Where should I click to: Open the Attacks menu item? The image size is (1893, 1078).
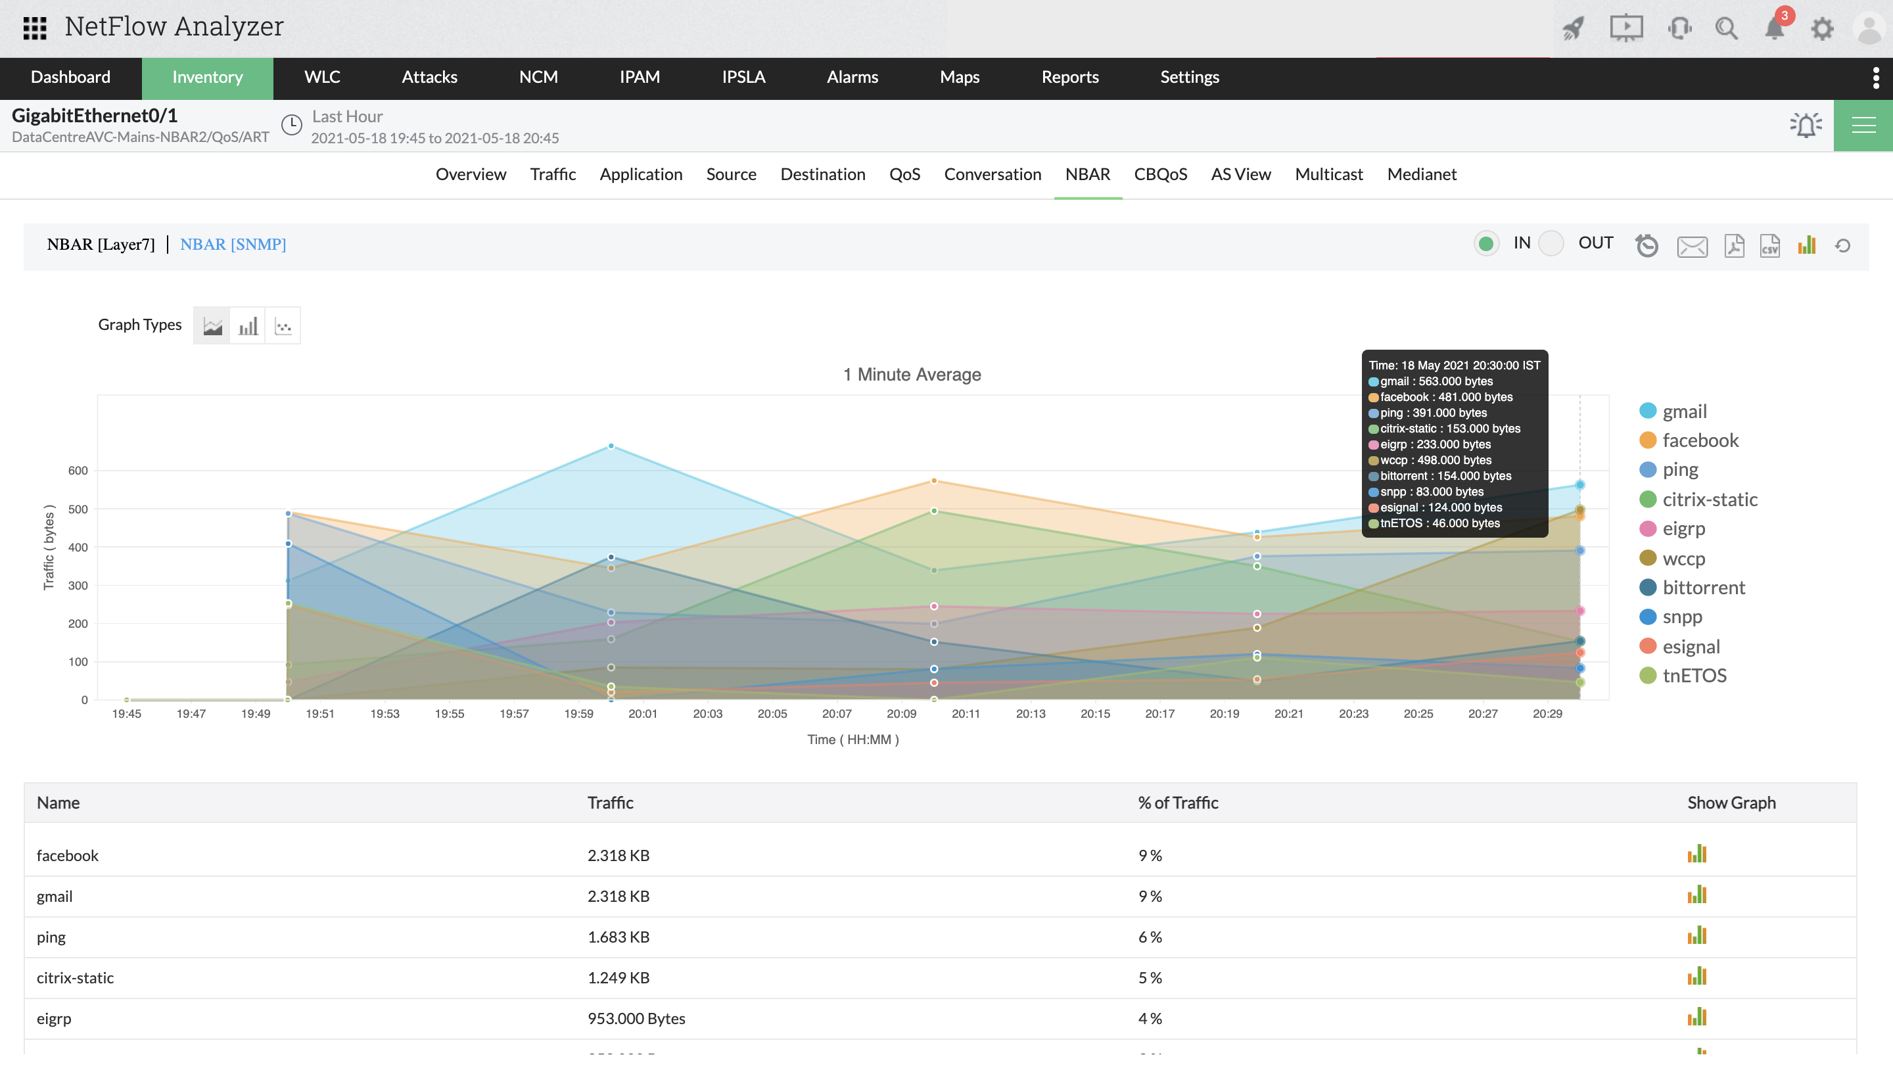coord(429,77)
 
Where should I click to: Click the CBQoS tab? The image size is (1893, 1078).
coord(1160,174)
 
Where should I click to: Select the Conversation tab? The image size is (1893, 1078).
coord(992,174)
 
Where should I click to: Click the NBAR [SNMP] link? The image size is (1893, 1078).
coord(233,245)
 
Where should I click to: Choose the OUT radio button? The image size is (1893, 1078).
coord(1551,244)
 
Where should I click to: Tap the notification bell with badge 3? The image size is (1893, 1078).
coord(1774,28)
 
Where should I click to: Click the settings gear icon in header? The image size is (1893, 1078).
coord(1822,29)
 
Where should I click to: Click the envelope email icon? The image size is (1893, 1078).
coord(1692,246)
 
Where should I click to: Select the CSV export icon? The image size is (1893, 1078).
coord(1769,246)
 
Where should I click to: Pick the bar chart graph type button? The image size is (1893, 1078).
coord(247,326)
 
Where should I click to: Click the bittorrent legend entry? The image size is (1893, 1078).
coord(1704,588)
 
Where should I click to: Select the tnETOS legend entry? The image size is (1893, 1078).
coord(1694,676)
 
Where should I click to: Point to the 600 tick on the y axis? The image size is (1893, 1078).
coord(78,471)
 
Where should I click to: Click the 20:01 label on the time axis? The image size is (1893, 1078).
coord(643,715)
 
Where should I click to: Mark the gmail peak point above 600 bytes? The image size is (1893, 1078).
coord(611,446)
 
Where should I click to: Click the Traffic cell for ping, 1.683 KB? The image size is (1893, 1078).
coord(618,937)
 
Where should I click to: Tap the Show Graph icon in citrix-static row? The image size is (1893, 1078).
coord(1696,977)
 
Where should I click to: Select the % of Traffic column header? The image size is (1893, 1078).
coord(1177,803)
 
